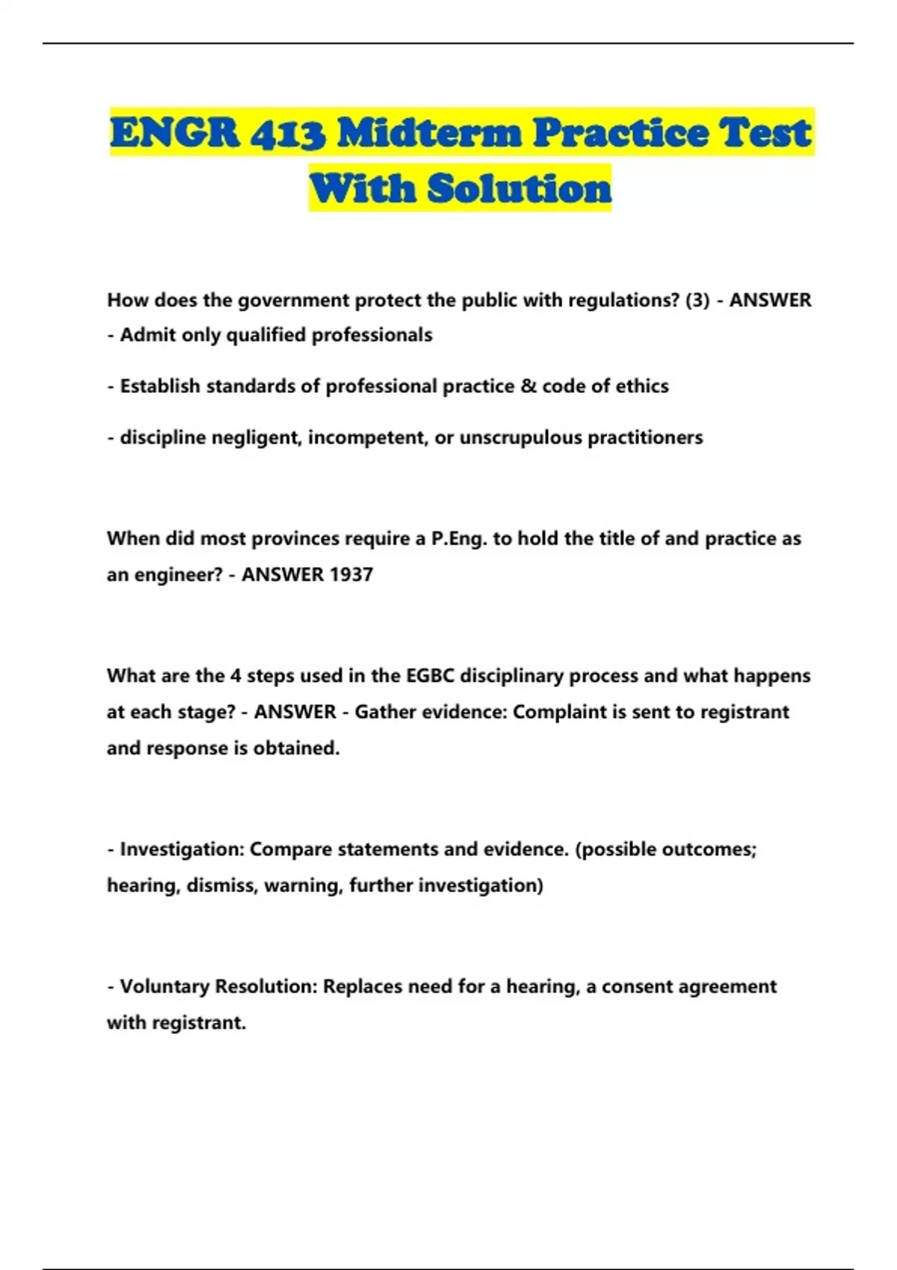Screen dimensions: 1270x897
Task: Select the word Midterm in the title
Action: (x=429, y=132)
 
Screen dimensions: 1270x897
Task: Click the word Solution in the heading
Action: (x=519, y=188)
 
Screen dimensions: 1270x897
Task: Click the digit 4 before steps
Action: (x=235, y=676)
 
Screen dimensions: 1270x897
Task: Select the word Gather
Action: (x=384, y=712)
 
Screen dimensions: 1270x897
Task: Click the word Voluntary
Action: (x=164, y=987)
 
